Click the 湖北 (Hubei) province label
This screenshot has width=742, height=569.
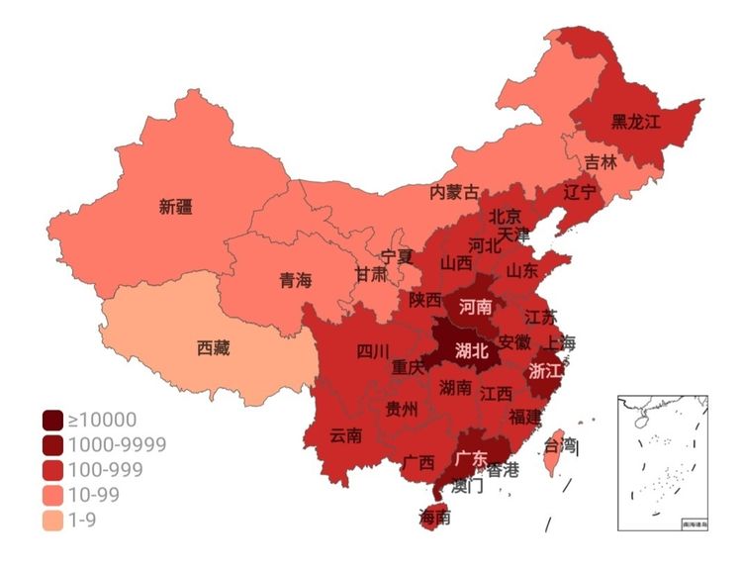tap(471, 350)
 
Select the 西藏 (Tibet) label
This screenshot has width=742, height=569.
tap(213, 348)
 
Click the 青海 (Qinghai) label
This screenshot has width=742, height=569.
tap(295, 281)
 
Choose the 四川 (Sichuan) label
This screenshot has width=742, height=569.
tap(373, 350)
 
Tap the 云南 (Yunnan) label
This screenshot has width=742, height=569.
tap(345, 434)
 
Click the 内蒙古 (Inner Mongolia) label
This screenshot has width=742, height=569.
tap(454, 192)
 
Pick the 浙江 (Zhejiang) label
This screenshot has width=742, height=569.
tap(546, 371)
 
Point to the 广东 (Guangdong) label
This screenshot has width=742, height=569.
tap(471, 458)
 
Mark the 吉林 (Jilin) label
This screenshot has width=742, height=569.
tap(600, 161)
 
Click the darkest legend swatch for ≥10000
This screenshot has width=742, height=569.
tap(52, 421)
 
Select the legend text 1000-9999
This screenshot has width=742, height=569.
tap(117, 445)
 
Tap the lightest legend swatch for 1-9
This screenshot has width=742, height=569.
tap(52, 520)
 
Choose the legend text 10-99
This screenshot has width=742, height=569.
tap(96, 495)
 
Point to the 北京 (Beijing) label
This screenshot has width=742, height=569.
tap(506, 216)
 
